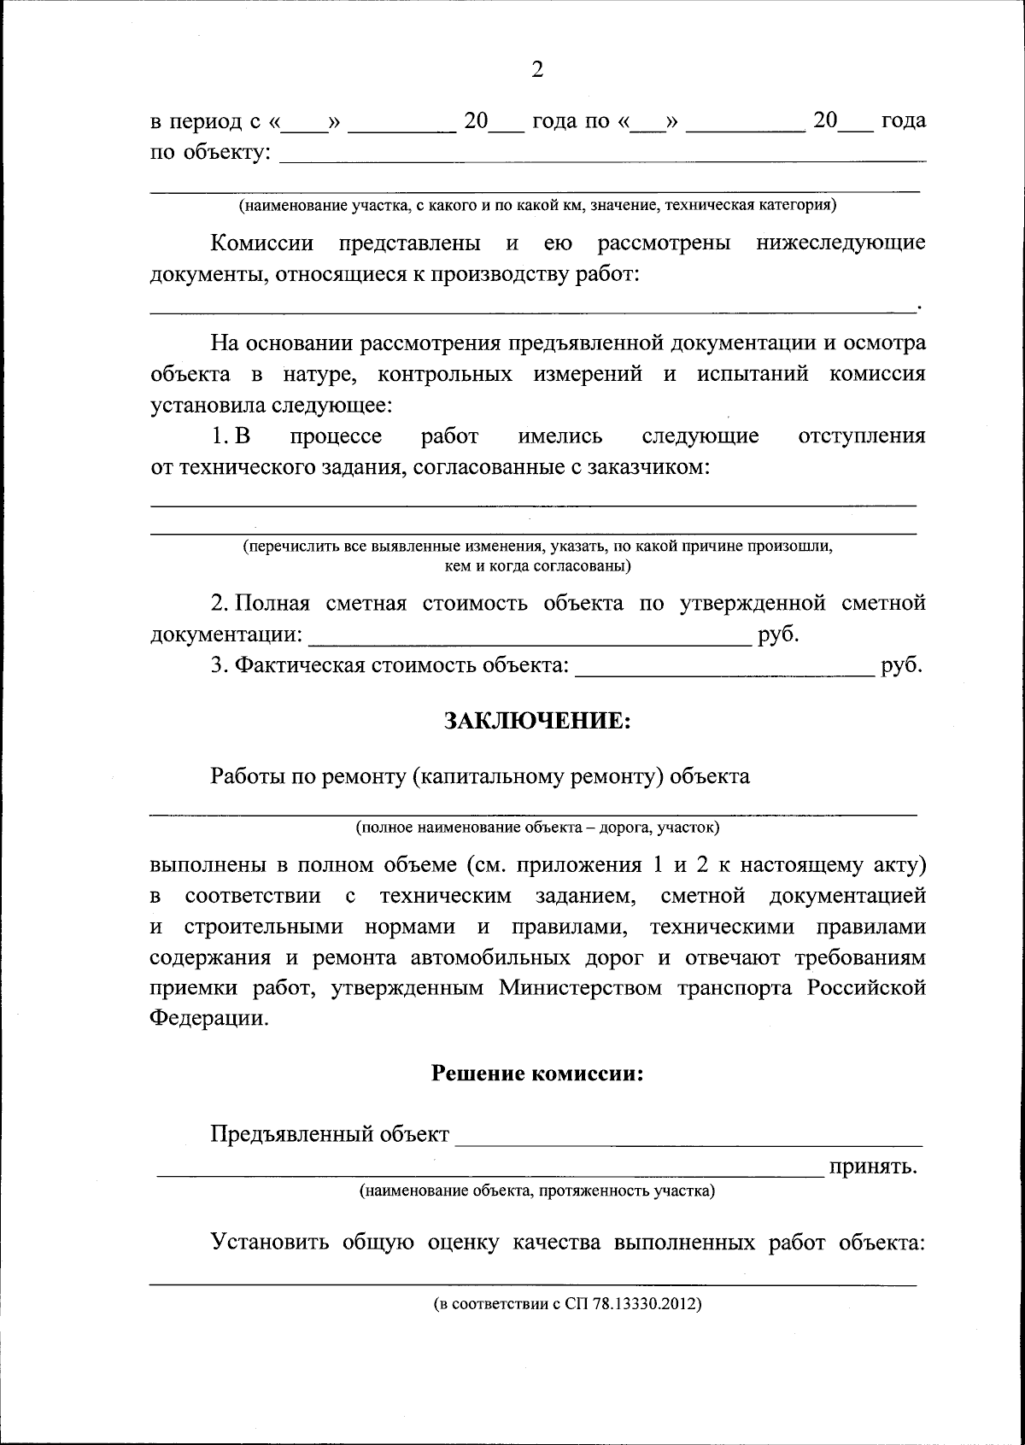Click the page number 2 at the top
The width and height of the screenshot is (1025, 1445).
[536, 70]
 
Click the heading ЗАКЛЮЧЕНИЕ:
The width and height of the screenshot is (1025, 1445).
[537, 721]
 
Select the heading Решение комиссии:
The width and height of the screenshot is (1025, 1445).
[537, 1073]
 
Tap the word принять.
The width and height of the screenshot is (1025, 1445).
[873, 1167]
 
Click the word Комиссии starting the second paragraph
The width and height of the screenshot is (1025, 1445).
[262, 243]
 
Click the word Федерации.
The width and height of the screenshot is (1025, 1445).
[208, 1020]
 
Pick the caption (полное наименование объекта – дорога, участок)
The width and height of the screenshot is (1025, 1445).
[537, 827]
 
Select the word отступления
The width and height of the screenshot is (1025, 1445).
[861, 436]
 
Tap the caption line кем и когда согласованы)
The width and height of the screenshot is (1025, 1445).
[537, 565]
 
